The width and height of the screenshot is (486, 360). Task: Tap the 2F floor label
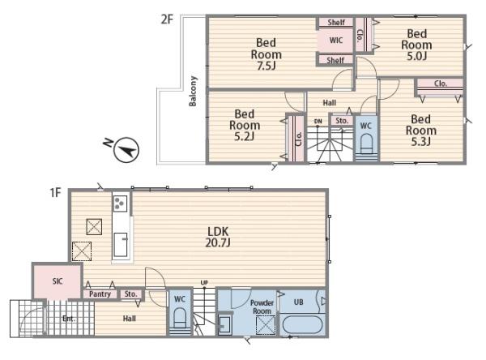[167, 19]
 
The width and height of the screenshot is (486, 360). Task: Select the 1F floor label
[56, 193]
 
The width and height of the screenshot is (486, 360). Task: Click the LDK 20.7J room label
[218, 237]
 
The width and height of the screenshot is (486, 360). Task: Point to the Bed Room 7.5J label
[266, 54]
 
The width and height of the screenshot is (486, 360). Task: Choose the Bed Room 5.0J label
[416, 45]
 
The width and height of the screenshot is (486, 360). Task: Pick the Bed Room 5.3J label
[421, 131]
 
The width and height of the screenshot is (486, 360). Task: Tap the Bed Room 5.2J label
[245, 125]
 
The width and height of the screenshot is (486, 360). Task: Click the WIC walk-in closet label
[336, 41]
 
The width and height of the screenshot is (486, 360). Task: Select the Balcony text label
[193, 91]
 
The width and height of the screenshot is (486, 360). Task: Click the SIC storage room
[58, 281]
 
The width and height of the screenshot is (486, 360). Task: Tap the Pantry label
[100, 294]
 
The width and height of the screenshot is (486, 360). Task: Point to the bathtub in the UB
[302, 324]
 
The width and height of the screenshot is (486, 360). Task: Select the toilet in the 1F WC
[180, 317]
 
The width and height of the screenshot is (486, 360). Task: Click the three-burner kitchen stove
[120, 204]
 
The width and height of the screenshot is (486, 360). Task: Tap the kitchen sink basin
[120, 245]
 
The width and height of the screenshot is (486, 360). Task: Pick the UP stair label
[204, 283]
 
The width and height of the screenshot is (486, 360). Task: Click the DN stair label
[318, 122]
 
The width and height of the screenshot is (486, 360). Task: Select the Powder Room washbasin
[224, 324]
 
